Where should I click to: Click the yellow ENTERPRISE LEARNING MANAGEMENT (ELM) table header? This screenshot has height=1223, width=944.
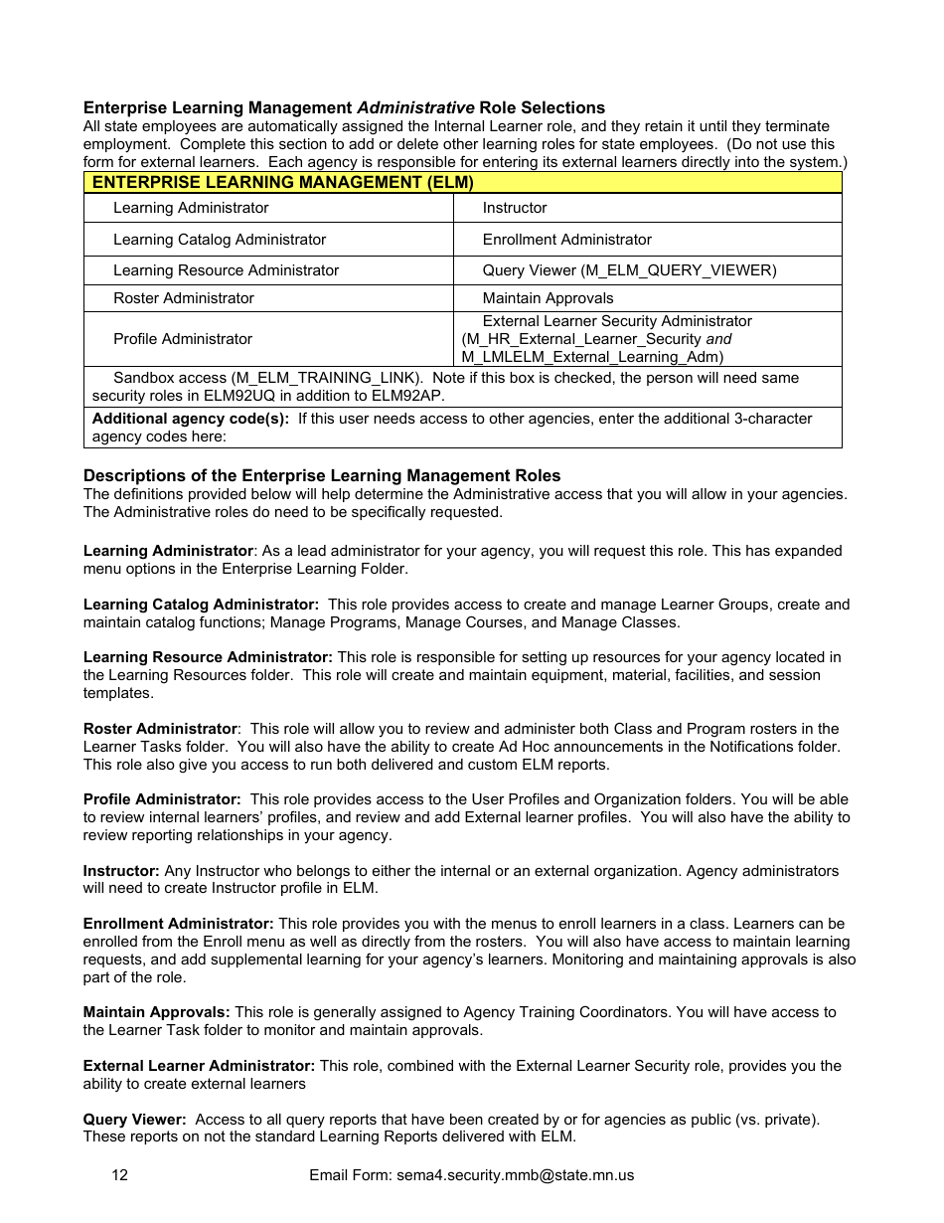click(x=462, y=183)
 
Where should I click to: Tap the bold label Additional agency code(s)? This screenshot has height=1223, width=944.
click(x=191, y=419)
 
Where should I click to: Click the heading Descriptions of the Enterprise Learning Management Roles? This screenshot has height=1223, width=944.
click(x=322, y=475)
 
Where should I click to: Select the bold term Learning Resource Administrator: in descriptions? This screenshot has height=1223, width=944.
click(x=208, y=657)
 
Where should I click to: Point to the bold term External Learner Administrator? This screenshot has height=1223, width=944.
click(x=199, y=1066)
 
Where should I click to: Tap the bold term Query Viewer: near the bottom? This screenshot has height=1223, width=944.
click(x=134, y=1120)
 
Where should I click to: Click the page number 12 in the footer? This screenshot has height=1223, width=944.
click(x=119, y=1175)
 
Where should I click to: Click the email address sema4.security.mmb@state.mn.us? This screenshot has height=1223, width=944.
click(x=515, y=1175)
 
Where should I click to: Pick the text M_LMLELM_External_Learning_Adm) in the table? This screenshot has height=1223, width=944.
click(x=592, y=357)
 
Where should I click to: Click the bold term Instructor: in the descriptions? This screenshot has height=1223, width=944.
click(x=121, y=871)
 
